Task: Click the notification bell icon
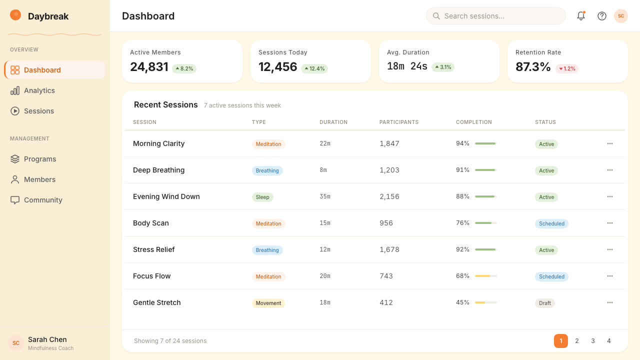point(581,15)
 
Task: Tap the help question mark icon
point(601,16)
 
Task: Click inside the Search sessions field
point(495,16)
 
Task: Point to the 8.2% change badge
point(184,68)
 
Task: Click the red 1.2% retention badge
point(567,68)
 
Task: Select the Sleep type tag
point(262,197)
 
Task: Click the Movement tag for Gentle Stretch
point(268,303)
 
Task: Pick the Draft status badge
point(545,303)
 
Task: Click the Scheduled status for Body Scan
point(551,223)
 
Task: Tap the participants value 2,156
point(389,196)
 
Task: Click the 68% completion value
point(462,276)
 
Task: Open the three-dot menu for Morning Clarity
point(609,143)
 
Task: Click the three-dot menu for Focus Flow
point(609,276)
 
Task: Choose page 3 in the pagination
point(593,341)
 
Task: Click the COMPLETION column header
point(473,122)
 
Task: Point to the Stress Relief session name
point(153,249)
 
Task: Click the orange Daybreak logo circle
point(15,15)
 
